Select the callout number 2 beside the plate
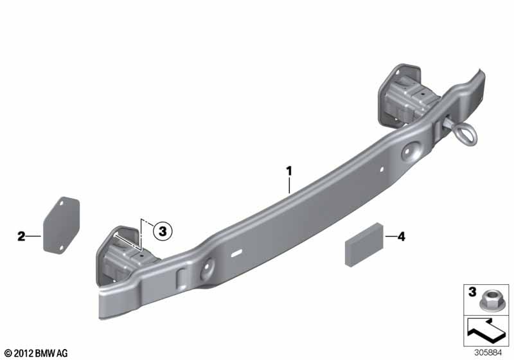pyautogui.click(x=21, y=237)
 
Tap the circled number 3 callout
pyautogui.click(x=162, y=230)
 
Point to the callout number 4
pyautogui.click(x=402, y=237)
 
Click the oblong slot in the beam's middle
pyautogui.click(x=238, y=253)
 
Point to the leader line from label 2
pyautogui.click(x=35, y=237)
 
